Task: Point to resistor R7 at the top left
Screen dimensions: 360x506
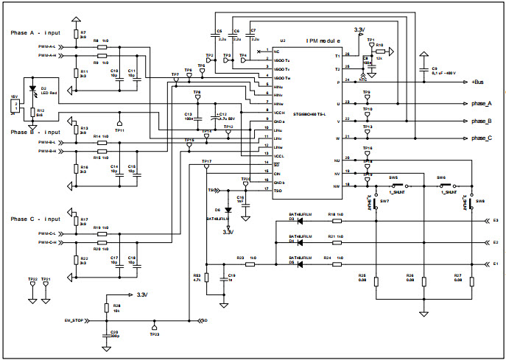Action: point(75,35)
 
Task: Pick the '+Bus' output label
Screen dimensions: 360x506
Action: point(481,82)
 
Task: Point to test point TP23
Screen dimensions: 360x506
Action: point(154,328)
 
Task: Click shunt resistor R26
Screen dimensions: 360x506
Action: point(424,281)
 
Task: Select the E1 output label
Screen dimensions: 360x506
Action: point(495,263)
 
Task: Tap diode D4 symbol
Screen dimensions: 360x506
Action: point(292,241)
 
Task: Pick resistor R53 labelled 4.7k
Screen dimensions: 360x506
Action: point(206,278)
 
